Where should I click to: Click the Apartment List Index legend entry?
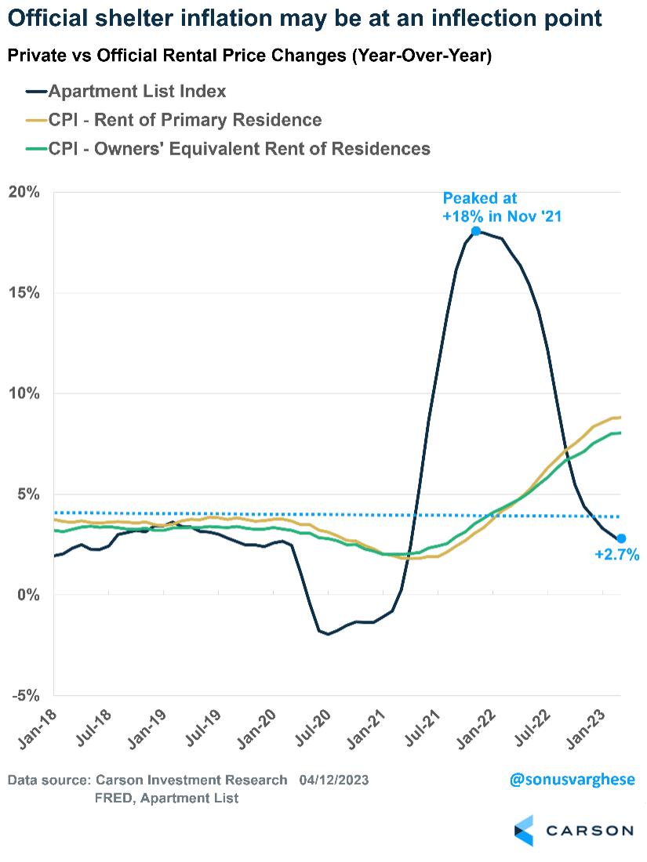(x=137, y=92)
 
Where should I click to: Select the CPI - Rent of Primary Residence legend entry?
(x=185, y=120)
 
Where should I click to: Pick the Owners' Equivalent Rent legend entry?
(x=239, y=148)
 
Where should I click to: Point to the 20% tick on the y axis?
(x=26, y=192)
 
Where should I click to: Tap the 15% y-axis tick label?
(x=26, y=293)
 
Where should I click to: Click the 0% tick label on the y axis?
(x=30, y=596)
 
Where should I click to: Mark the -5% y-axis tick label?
(x=27, y=696)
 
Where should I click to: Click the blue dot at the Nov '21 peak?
(x=476, y=231)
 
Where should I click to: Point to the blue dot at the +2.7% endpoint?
(x=621, y=538)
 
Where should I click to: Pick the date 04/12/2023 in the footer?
(x=333, y=781)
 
